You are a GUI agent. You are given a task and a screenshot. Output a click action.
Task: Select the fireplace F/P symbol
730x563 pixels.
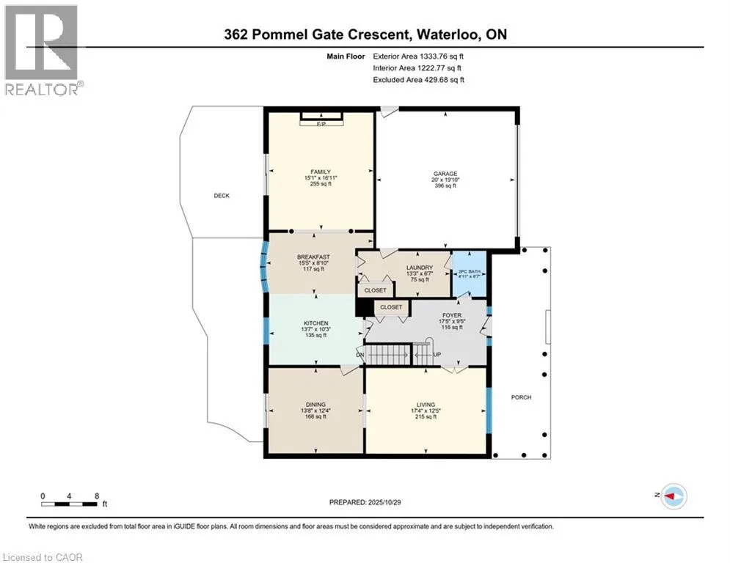click(321, 124)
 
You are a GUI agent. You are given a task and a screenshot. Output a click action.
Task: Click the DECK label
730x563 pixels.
click(222, 196)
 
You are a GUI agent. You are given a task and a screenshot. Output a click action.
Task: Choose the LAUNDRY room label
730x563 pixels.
click(420, 268)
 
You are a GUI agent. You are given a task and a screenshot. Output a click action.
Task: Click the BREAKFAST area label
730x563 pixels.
click(313, 257)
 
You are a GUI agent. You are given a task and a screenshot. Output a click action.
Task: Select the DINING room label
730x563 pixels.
click(315, 403)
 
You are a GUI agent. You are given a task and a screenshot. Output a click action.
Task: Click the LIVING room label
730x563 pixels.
click(426, 405)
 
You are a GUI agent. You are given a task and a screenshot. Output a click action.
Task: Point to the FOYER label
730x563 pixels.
click(451, 315)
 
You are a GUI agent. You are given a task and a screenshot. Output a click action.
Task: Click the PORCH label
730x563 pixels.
click(521, 397)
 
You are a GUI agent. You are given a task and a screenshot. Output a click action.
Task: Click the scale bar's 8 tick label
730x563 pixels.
click(96, 496)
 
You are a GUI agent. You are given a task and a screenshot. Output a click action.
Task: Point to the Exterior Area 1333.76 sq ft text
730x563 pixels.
click(418, 55)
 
